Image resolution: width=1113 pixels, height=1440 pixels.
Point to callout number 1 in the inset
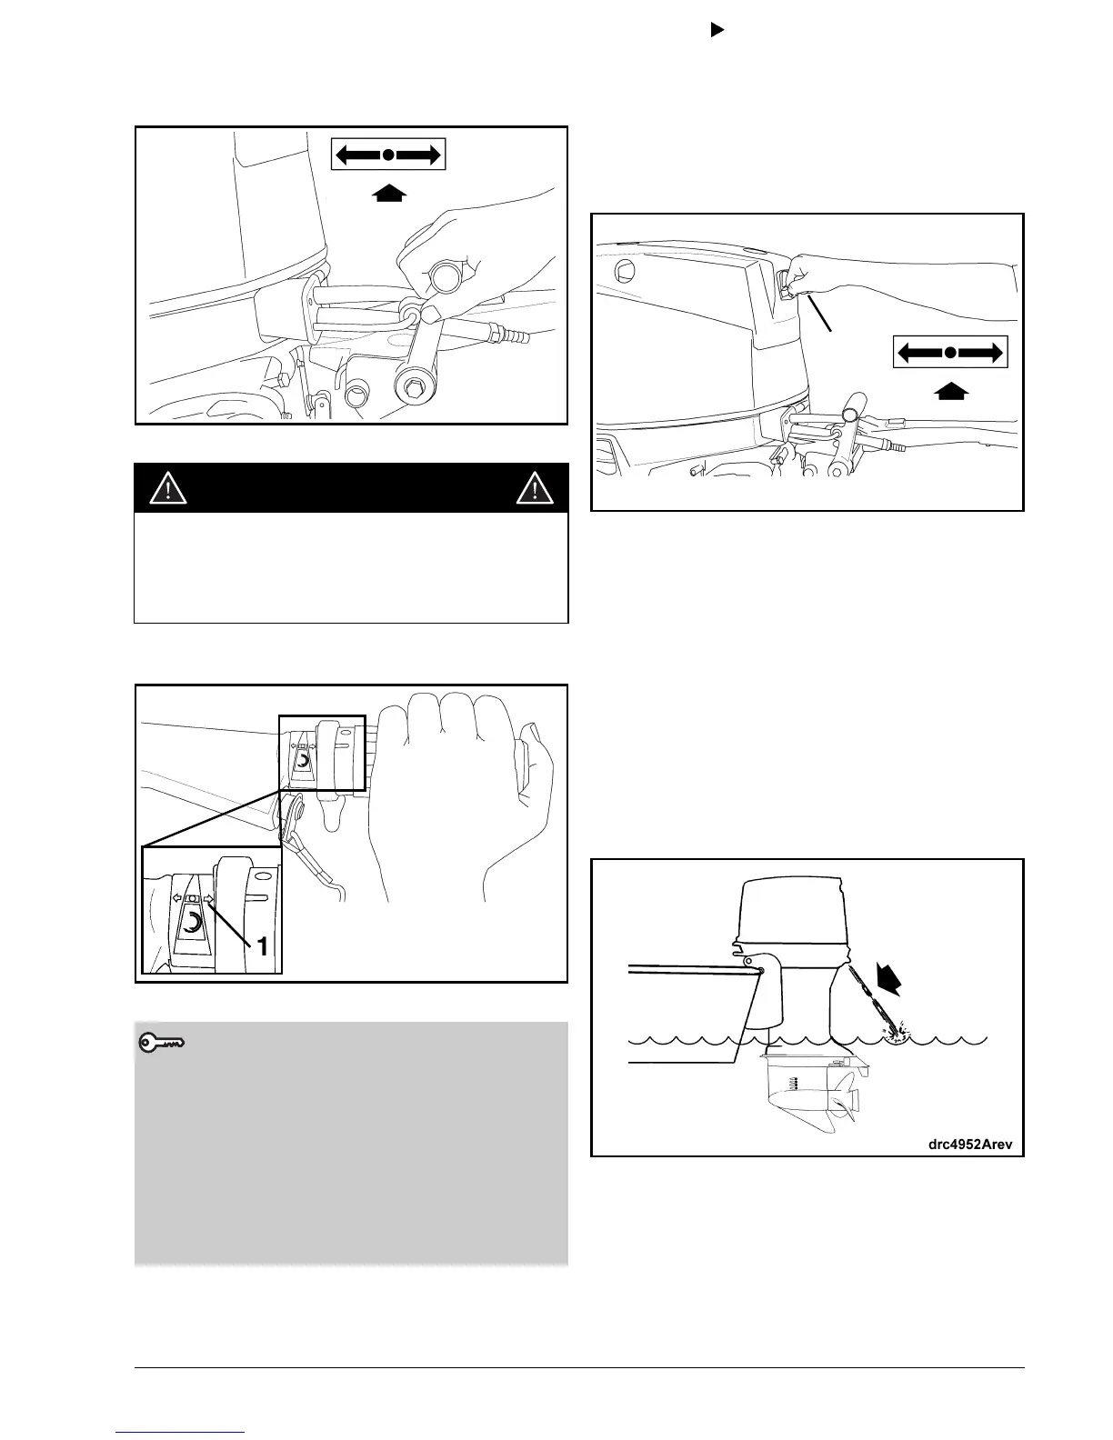[x=262, y=947]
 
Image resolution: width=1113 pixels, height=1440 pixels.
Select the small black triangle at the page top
[x=716, y=30]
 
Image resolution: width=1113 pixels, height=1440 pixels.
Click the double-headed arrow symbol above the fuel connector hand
[x=388, y=155]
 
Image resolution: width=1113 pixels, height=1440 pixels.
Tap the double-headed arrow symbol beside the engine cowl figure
[x=950, y=351]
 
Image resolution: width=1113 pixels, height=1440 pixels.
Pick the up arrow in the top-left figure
[x=388, y=192]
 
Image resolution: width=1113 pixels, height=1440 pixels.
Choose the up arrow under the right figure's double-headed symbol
[x=950, y=392]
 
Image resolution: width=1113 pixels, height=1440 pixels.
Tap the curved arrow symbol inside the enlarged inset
[x=193, y=924]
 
